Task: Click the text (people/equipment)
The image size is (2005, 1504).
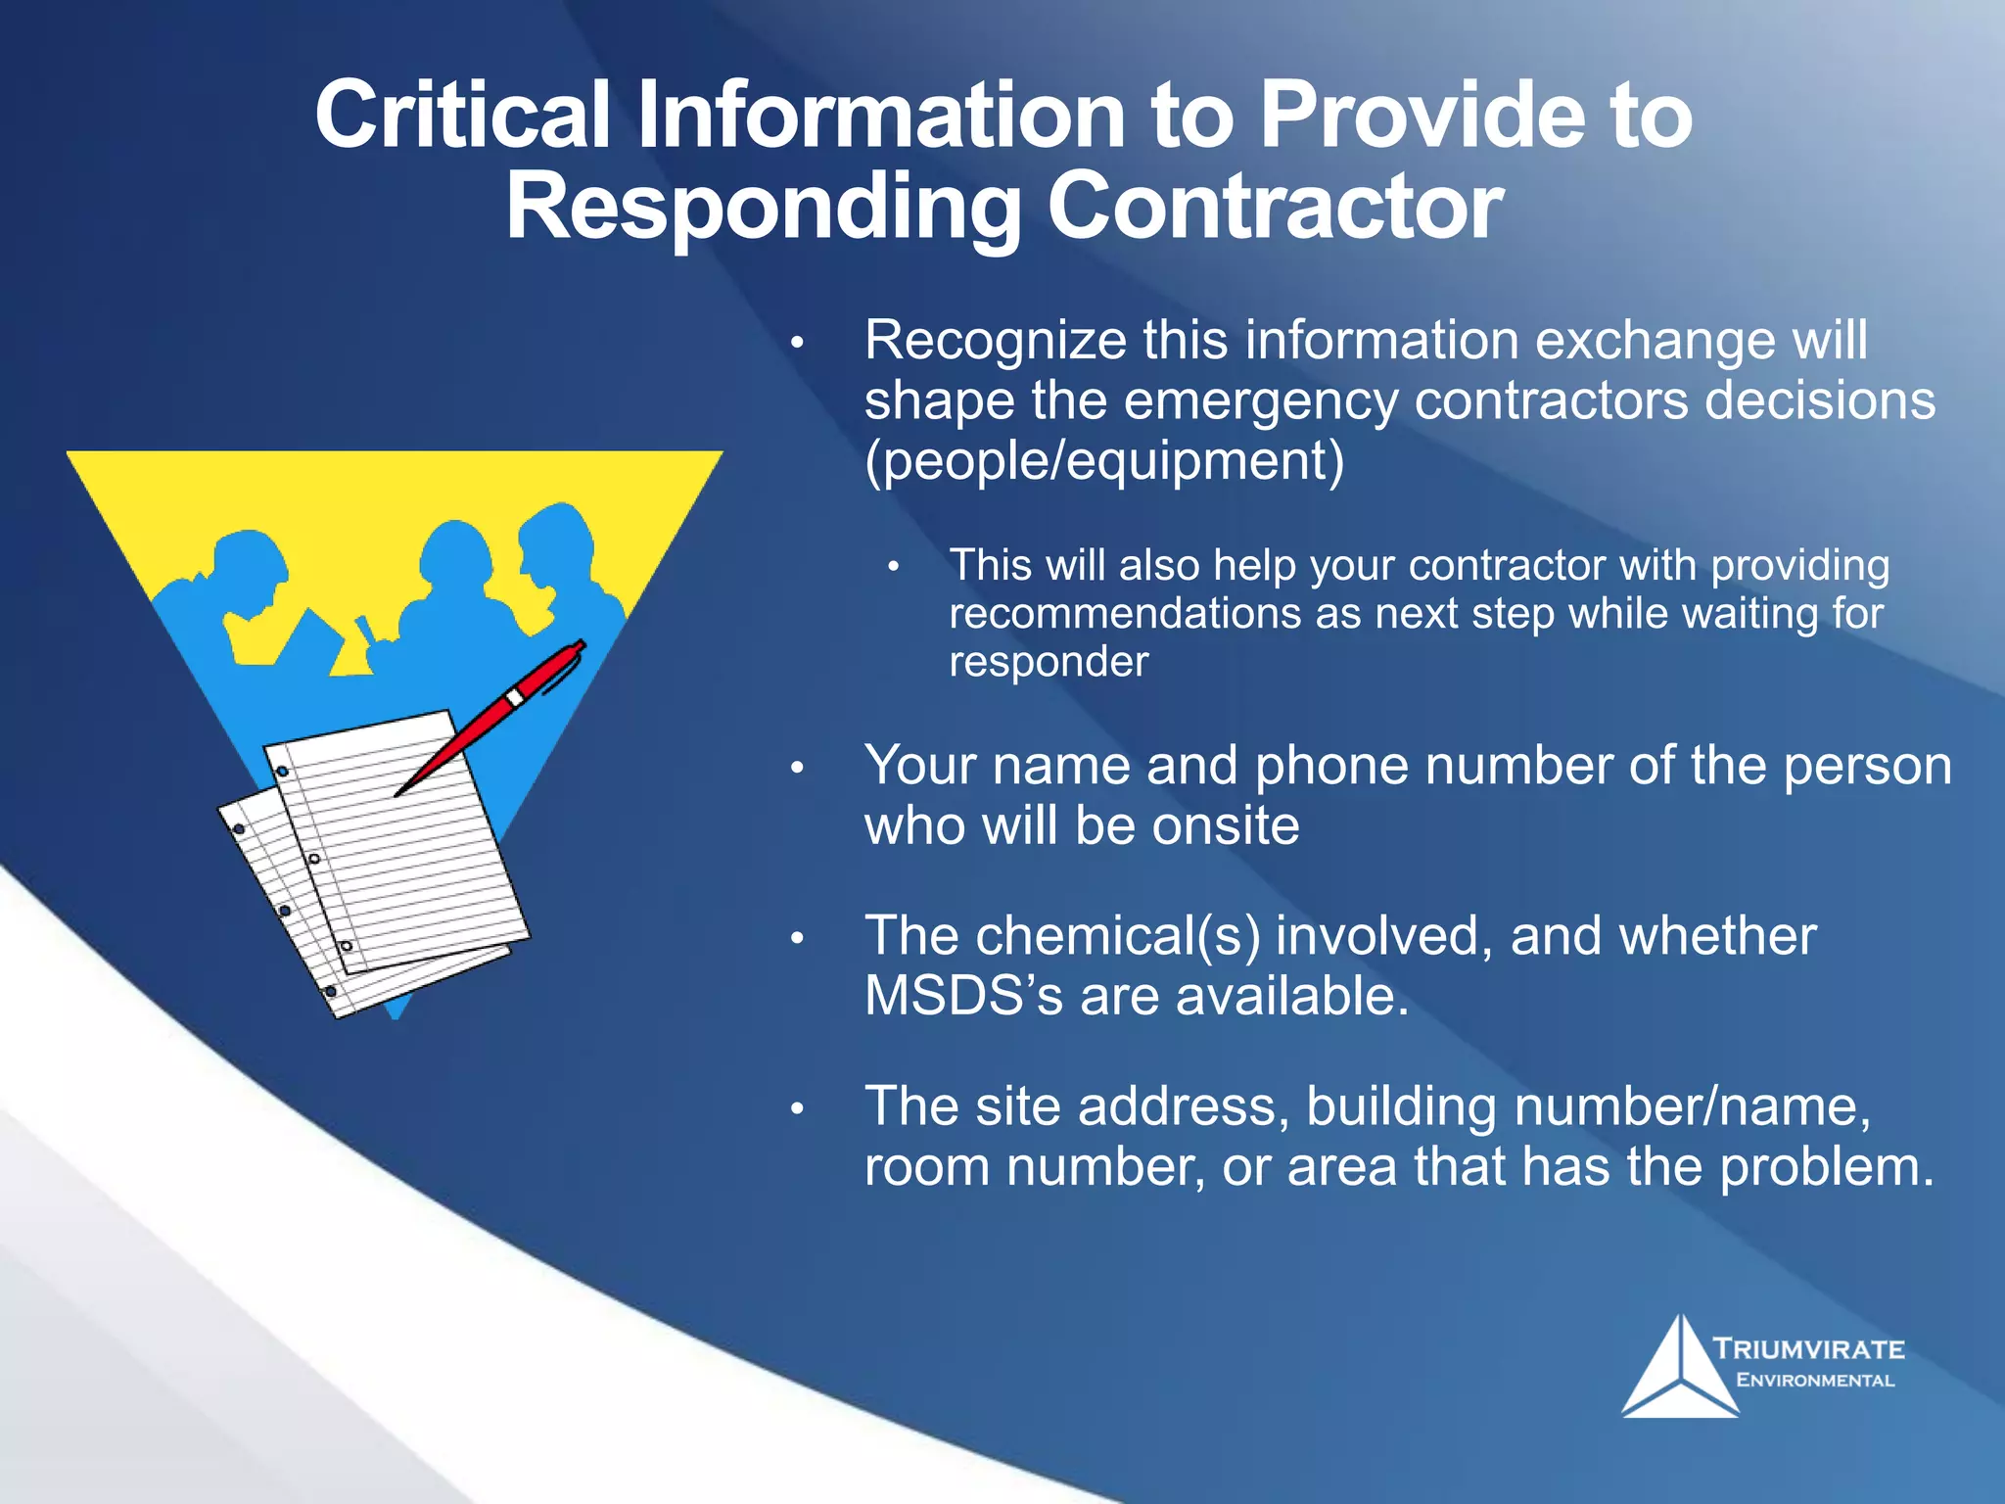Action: pos(1104,460)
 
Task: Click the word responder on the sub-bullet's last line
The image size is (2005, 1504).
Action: pos(1049,662)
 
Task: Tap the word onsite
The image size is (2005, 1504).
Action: pos(1225,825)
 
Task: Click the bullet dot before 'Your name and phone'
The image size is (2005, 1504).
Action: pos(798,767)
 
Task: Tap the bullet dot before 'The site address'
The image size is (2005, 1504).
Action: pos(798,1108)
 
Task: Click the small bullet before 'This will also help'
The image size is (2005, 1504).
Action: pos(893,566)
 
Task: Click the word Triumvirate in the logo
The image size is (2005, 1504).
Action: pos(1809,1349)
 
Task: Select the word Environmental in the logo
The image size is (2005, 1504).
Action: pos(1815,1381)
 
